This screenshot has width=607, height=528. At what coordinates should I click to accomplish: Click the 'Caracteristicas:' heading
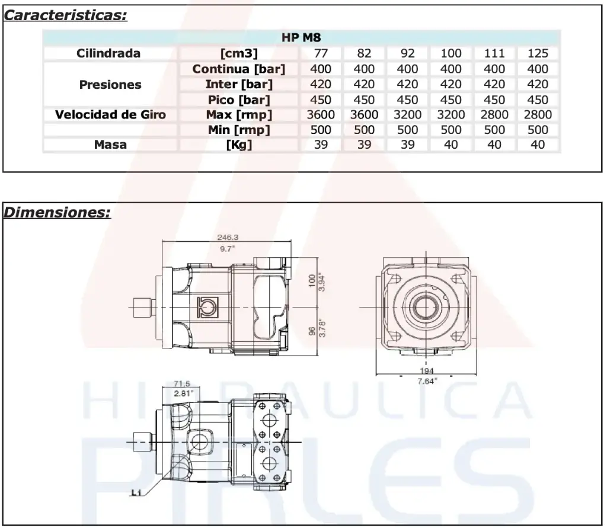(65, 15)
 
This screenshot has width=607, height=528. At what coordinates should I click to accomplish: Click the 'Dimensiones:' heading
(57, 212)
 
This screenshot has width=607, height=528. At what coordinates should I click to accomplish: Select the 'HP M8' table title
(301, 37)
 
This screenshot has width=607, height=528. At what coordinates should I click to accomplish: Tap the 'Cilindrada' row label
(108, 53)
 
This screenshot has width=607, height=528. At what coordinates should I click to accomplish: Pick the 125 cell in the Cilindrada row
(538, 53)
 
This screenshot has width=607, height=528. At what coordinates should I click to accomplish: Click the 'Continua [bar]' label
(239, 69)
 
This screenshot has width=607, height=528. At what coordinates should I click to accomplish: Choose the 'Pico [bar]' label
(239, 100)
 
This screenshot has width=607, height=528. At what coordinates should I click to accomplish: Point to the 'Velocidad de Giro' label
(110, 114)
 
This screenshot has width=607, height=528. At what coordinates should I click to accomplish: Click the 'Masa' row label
(110, 145)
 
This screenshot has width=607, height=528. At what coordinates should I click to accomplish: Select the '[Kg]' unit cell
(239, 145)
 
